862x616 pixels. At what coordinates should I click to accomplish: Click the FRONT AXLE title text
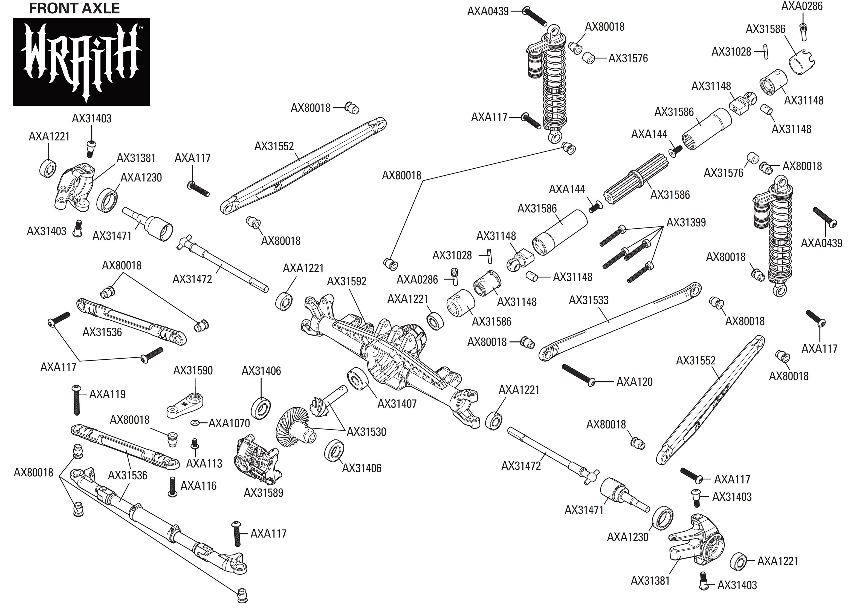[x=74, y=8]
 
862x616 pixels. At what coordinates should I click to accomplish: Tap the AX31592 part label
[x=346, y=281]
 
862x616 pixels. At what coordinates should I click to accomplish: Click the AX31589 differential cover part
[x=258, y=460]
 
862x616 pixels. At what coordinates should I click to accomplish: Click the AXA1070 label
[x=229, y=423]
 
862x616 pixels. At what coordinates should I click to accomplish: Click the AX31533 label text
[x=588, y=300]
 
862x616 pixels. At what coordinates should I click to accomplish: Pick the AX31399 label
[x=686, y=222]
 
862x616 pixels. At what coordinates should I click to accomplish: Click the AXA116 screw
[x=172, y=487]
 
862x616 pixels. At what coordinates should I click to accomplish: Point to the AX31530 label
[x=366, y=432]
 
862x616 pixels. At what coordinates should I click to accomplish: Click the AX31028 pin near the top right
[x=765, y=51]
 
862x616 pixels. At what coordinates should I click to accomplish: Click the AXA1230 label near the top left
[x=141, y=177]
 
